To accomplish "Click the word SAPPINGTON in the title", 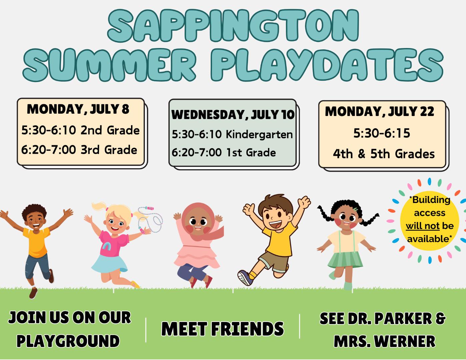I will pos(233,26).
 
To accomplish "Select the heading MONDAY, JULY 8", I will pos(78,109).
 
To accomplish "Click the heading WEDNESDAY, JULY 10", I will pos(233,115).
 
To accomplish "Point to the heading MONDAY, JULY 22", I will pos(380,111).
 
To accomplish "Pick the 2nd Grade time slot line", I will pos(80,130).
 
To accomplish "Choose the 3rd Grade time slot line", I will pos(79,150).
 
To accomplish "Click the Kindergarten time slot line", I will pos(232,134).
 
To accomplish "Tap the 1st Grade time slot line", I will pos(224,153).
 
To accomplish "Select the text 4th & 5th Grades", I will pos(384,154).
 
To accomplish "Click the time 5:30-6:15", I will pos(382,133).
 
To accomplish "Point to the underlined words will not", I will pos(422,226).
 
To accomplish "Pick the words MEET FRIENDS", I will pos(222,329).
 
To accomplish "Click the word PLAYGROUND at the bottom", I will pos(68,341).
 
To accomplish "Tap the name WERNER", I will pos(406,341).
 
